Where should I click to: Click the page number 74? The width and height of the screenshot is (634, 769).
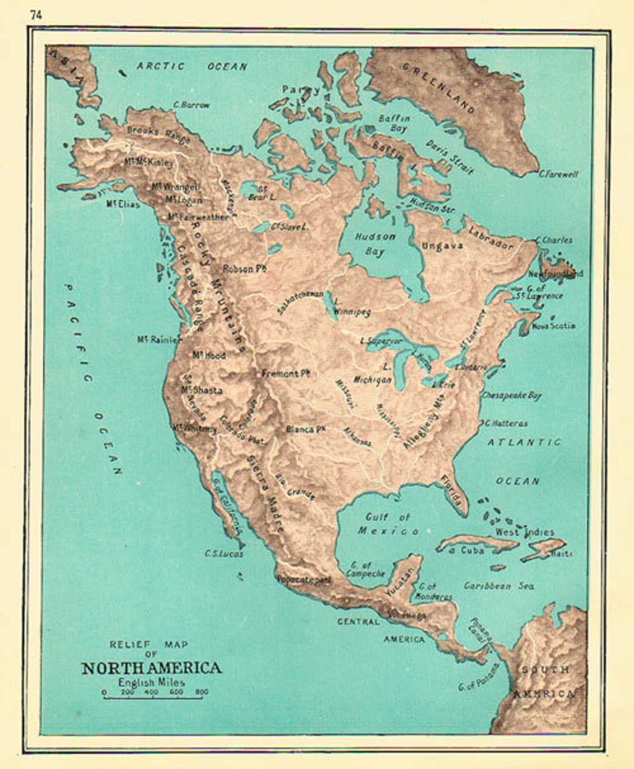point(36,15)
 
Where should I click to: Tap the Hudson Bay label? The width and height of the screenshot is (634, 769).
point(375,243)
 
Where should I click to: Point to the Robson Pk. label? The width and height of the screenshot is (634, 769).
point(245,268)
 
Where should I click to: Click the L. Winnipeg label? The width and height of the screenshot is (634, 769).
point(350,307)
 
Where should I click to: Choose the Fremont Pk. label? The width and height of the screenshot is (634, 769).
point(285,374)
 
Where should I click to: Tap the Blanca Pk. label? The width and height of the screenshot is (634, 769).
point(305,429)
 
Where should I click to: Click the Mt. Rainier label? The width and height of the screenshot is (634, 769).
point(159,339)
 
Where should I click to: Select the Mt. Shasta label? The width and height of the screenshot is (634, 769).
point(201,390)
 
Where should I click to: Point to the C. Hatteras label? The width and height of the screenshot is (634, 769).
point(506,423)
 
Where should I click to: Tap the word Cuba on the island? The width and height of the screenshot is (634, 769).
point(472,550)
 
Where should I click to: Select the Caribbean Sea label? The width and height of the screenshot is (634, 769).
point(499,586)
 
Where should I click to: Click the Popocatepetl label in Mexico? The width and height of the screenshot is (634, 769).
point(304,580)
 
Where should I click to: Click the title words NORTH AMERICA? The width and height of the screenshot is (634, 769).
point(151,668)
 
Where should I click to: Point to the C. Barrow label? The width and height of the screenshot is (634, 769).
point(191,104)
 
